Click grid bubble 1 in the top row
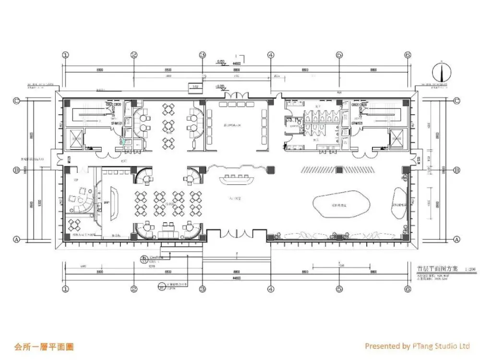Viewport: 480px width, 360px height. point(66,55)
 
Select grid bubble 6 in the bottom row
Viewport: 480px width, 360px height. point(408,289)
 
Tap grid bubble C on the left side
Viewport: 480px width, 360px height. point(16,101)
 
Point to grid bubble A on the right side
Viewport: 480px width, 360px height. point(457,239)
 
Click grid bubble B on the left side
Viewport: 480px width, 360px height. point(16,170)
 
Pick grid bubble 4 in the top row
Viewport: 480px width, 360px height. point(271,55)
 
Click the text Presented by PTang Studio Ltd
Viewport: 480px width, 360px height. point(417,346)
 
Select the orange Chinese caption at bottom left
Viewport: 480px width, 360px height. point(44,346)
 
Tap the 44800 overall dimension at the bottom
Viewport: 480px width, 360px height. point(236,278)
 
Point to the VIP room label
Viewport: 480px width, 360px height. point(76,180)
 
